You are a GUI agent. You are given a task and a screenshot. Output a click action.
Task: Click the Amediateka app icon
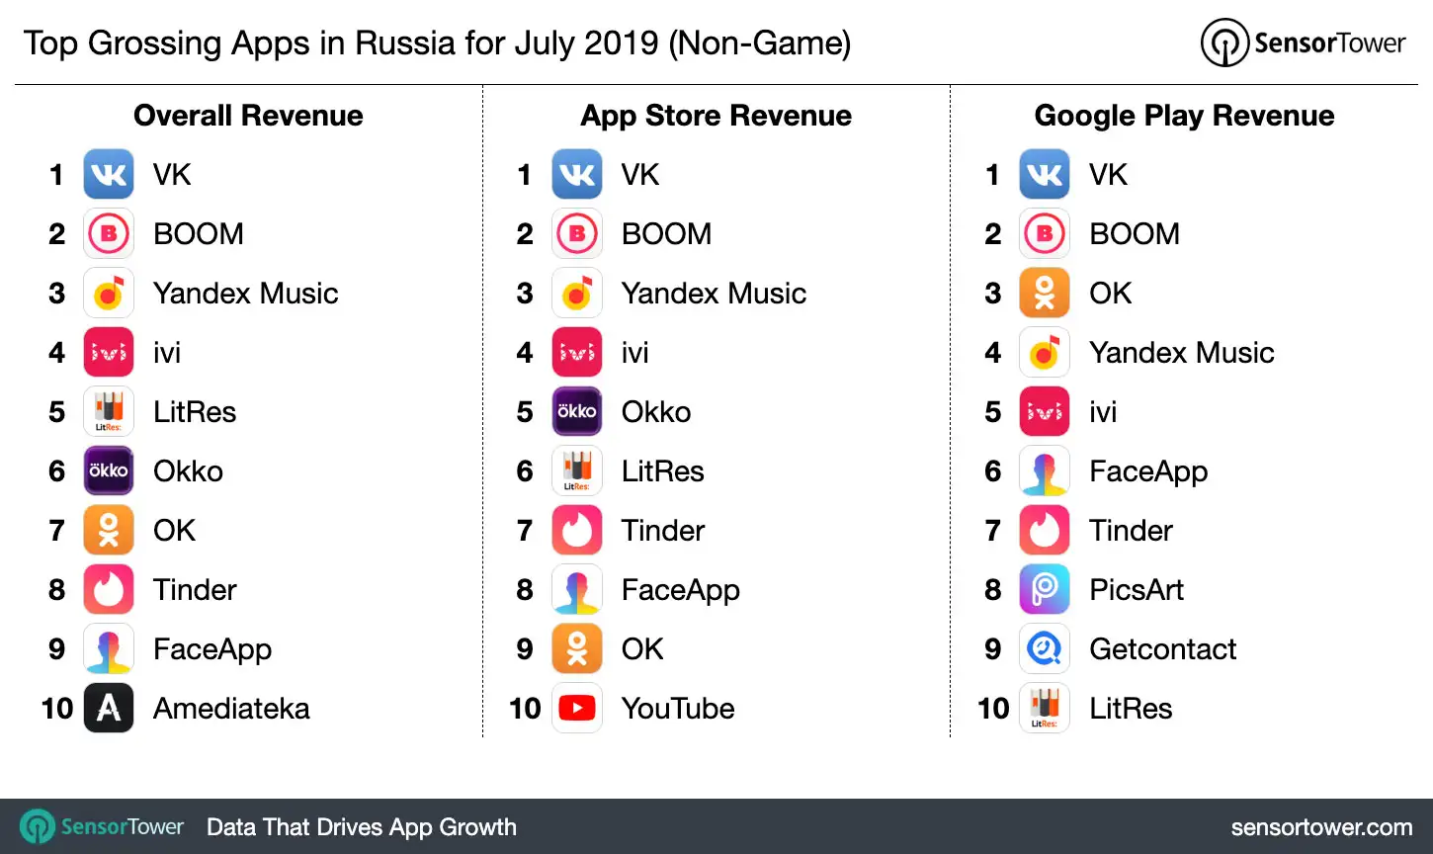(x=109, y=708)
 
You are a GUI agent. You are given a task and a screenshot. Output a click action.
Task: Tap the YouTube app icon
(x=577, y=708)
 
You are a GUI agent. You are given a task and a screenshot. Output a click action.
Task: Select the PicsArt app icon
(x=1045, y=589)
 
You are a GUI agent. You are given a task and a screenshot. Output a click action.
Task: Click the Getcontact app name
(x=1162, y=648)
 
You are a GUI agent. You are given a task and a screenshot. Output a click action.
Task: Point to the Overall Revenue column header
(x=248, y=116)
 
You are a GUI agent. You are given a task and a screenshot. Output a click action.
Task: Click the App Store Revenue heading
(x=716, y=116)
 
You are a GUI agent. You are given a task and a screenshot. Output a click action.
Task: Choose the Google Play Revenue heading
(x=1184, y=116)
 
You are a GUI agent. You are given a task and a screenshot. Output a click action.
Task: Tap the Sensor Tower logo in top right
(x=1303, y=43)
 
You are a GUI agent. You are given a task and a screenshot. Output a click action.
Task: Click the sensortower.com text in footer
(x=1321, y=827)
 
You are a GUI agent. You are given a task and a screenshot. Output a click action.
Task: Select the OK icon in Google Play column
(x=1045, y=293)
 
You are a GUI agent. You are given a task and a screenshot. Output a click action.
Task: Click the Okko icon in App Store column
(x=577, y=411)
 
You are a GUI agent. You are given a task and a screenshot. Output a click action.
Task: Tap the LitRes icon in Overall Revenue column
(x=109, y=411)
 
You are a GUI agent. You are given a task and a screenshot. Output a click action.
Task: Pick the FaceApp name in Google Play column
(x=1148, y=471)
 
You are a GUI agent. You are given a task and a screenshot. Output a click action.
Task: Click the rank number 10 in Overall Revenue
(x=57, y=708)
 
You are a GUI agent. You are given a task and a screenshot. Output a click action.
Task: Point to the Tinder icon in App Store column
(x=577, y=530)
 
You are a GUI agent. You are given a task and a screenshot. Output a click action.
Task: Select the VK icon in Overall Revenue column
(x=109, y=174)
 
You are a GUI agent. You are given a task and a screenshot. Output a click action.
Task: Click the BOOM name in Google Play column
(x=1135, y=233)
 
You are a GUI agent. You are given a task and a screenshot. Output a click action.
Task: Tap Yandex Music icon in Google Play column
(x=1045, y=352)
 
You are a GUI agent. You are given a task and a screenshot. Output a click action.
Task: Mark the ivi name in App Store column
(x=634, y=352)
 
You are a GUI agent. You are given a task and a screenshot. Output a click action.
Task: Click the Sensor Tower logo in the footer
(x=103, y=827)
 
